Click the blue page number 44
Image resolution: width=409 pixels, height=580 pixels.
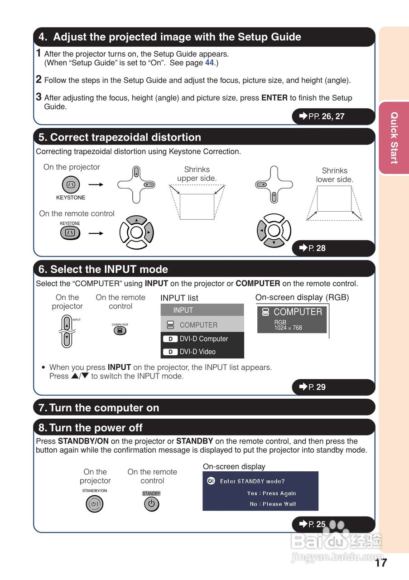click(209, 63)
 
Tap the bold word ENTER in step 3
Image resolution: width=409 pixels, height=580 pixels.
click(274, 97)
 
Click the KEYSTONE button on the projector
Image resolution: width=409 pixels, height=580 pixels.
click(71, 184)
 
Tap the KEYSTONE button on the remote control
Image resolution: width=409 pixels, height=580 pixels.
click(70, 232)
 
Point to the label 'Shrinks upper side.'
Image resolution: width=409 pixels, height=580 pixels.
click(197, 174)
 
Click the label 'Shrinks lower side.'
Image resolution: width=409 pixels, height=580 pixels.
click(334, 175)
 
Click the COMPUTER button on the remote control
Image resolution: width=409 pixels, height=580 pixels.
click(120, 330)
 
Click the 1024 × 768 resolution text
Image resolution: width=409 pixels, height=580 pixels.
click(288, 328)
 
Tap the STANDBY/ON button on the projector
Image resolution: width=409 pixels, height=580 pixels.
click(95, 504)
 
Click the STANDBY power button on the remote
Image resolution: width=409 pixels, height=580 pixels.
click(152, 504)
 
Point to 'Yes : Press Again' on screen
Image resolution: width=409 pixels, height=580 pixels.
click(272, 493)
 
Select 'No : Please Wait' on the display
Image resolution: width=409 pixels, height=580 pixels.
click(273, 504)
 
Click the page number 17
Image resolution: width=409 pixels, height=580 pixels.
click(381, 563)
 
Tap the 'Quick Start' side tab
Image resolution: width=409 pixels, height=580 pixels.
click(394, 138)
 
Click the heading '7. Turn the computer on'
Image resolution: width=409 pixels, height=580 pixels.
click(99, 408)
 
